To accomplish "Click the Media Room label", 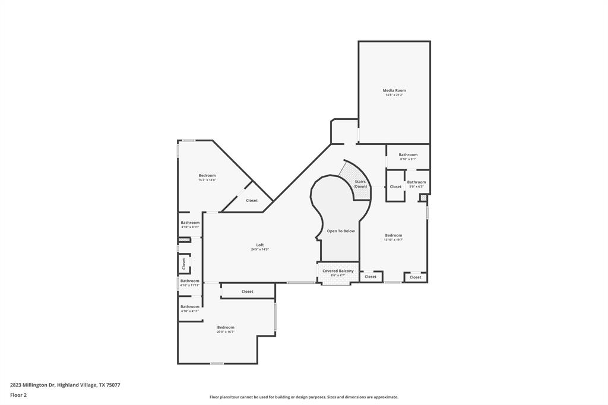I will pyautogui.click(x=394, y=90).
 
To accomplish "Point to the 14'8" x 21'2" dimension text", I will pyautogui.click(x=394, y=95).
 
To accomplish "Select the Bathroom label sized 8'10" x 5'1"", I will pyautogui.click(x=408, y=154).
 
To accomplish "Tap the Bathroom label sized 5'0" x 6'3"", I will pyautogui.click(x=416, y=182).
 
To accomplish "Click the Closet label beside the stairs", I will pyautogui.click(x=395, y=186).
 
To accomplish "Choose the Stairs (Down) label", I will pyautogui.click(x=360, y=184).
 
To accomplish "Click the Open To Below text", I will pyautogui.click(x=341, y=231).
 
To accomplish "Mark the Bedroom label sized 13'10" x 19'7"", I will pyautogui.click(x=393, y=235).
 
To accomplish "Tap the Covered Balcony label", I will pyautogui.click(x=338, y=271).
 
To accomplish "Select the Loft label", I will pyautogui.click(x=259, y=245).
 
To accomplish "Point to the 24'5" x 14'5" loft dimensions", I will pyautogui.click(x=259, y=249).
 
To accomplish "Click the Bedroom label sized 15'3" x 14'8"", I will pyautogui.click(x=207, y=175).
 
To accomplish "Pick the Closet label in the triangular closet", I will pyautogui.click(x=252, y=201).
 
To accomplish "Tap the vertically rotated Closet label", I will pyautogui.click(x=184, y=262).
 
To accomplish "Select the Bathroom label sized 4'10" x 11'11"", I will pyautogui.click(x=190, y=281).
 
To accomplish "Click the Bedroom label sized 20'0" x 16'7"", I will pyautogui.click(x=226, y=327).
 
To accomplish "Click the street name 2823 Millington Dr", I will pyautogui.click(x=32, y=385).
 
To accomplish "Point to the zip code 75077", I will pyautogui.click(x=113, y=385).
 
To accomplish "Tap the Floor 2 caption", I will pyautogui.click(x=18, y=395).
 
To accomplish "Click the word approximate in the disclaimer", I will pyautogui.click(x=384, y=397).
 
